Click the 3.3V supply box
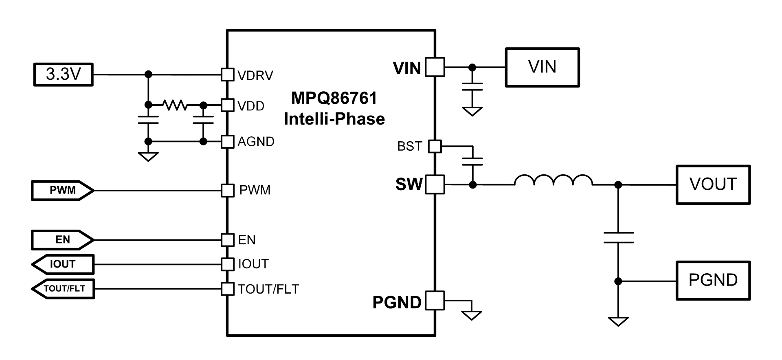pyautogui.click(x=64, y=75)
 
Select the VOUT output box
pyautogui.click(x=713, y=184)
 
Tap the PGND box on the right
pyautogui.click(x=713, y=281)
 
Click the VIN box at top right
pyautogui.click(x=542, y=67)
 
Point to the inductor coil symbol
pyautogui.click(x=554, y=180)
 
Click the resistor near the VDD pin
pyautogui.click(x=175, y=105)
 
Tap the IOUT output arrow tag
pyautogui.click(x=63, y=264)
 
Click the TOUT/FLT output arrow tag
pyautogui.click(x=63, y=289)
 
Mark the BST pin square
pyautogui.click(x=435, y=146)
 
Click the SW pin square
pyautogui.click(x=435, y=184)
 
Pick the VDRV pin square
pyautogui.click(x=228, y=75)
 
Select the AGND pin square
pyautogui.click(x=228, y=141)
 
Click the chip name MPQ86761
pyautogui.click(x=334, y=98)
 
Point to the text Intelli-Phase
pyautogui.click(x=334, y=119)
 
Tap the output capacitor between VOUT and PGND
pyautogui.click(x=618, y=237)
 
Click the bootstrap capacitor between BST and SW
pyautogui.click(x=472, y=162)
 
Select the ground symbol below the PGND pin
pyautogui.click(x=472, y=315)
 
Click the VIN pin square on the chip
pyautogui.click(x=435, y=67)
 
